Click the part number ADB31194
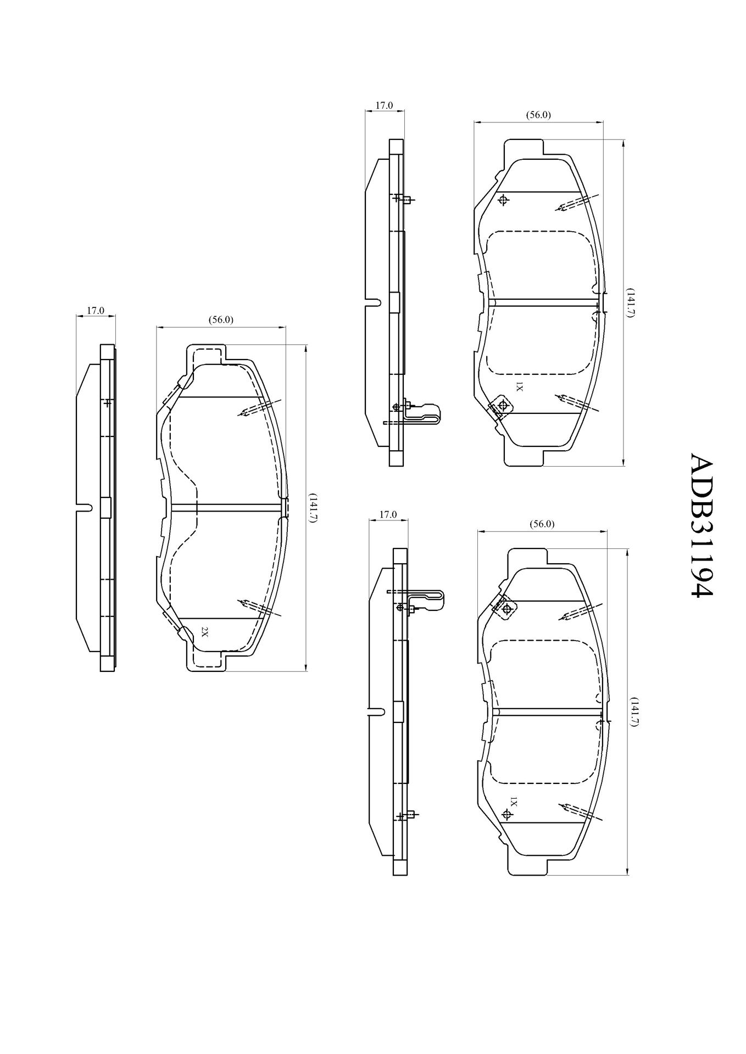coord(700,525)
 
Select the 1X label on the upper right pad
coord(518,387)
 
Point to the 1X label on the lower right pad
coord(513,802)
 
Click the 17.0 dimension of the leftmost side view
coord(96,311)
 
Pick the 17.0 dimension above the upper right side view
coord(384,105)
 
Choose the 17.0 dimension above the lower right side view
coord(388,514)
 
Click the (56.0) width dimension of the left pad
coord(221,319)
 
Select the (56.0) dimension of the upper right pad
coord(538,115)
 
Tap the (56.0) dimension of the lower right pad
coord(542,524)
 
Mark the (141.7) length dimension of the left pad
coord(313,507)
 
